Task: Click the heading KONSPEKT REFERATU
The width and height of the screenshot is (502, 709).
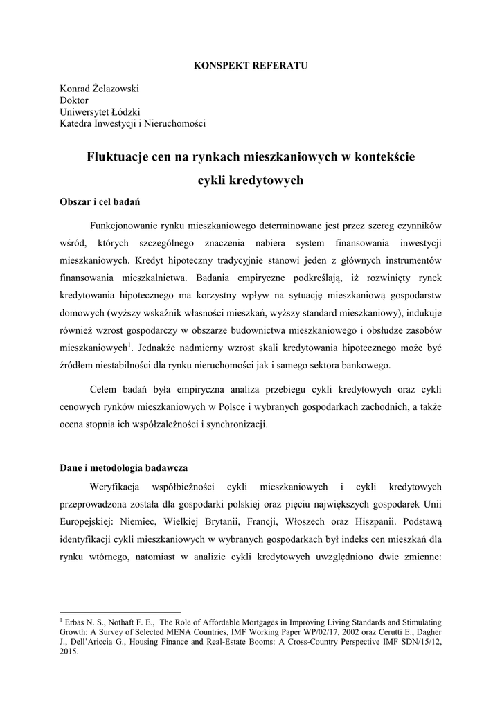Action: tap(250, 65)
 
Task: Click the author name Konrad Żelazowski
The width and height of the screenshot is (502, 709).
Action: tap(100, 89)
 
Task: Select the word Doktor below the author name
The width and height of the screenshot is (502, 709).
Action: tap(74, 100)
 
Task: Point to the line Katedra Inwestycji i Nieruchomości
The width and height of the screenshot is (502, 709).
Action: tap(132, 124)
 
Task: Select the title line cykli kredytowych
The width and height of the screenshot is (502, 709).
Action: tap(251, 181)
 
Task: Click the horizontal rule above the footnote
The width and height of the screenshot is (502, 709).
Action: tap(120, 612)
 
